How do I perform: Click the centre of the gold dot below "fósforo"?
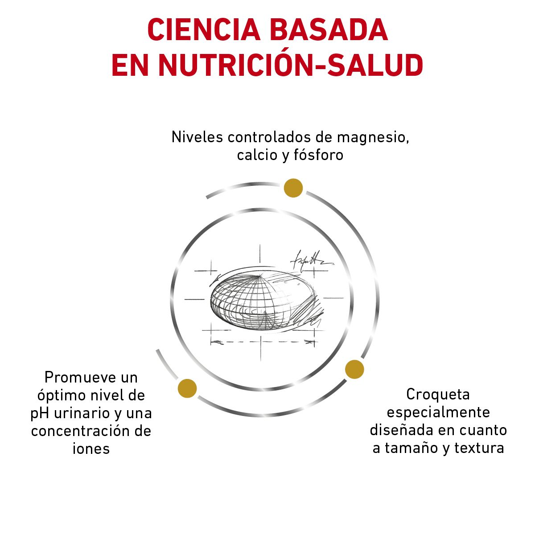point(293,188)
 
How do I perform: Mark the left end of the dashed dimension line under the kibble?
point(211,342)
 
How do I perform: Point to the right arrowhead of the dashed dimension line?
point(309,342)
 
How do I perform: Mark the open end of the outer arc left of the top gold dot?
point(207,198)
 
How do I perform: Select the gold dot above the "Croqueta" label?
point(354,369)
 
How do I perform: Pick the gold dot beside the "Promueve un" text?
point(187,388)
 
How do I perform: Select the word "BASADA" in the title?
point(329,30)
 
